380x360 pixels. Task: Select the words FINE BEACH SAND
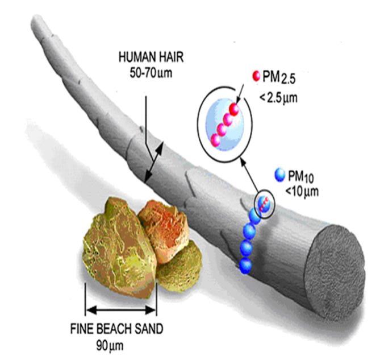tap(119, 329)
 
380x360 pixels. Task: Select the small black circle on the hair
tap(264, 202)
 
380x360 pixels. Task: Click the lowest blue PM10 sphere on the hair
tap(246, 264)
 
